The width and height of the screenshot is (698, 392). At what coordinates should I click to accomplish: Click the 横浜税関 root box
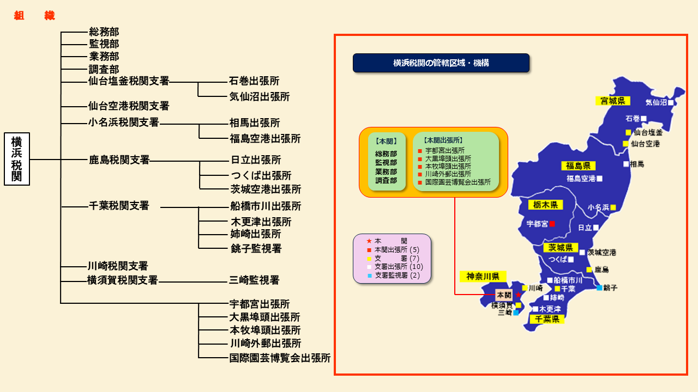pos(17,159)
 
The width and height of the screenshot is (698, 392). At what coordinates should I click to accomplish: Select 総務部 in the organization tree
pos(104,32)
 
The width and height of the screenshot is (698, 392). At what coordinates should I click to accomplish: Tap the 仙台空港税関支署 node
pos(128,106)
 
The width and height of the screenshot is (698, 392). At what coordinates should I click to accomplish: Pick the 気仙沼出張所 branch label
pos(260,96)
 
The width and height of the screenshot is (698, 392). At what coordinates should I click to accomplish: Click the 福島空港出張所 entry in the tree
pos(265,138)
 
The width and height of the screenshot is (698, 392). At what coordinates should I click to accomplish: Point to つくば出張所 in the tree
pos(261,175)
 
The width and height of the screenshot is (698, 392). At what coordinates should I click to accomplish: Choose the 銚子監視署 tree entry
pos(256,248)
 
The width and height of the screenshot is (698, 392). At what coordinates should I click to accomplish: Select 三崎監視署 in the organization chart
pos(254,280)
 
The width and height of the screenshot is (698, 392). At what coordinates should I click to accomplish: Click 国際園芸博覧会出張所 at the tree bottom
pos(280,358)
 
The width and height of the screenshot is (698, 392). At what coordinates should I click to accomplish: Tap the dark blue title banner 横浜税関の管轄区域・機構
pos(441,63)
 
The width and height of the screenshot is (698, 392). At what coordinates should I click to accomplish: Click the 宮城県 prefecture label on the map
pos(612,101)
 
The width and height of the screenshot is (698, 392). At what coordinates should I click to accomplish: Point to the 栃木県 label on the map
pos(545,205)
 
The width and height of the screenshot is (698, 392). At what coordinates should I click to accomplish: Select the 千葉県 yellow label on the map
pos(547,319)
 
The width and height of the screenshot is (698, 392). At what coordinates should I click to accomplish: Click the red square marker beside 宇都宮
pos(552,224)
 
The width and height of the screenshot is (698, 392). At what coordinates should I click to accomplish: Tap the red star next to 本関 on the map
pos(518,295)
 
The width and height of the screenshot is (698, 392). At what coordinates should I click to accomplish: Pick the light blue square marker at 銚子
pos(599,288)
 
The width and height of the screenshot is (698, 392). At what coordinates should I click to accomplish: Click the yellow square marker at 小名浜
pos(613,207)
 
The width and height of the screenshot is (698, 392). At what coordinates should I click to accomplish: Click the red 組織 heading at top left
pos(34,15)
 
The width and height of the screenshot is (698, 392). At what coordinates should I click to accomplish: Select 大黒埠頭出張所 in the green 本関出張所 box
pos(448,158)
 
